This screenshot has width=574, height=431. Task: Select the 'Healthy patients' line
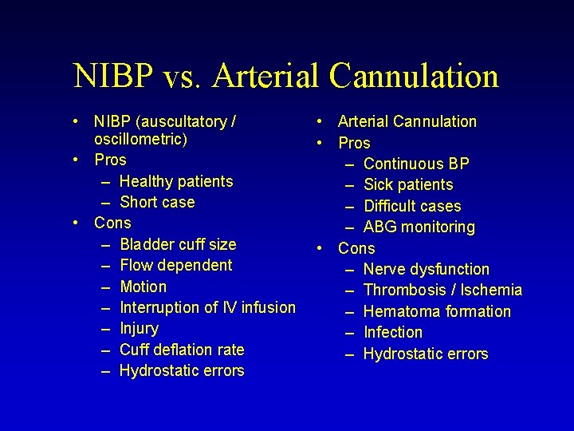176,181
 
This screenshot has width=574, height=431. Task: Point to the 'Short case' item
157,202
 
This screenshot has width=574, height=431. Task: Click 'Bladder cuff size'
178,244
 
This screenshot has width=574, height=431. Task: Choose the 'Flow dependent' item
176,265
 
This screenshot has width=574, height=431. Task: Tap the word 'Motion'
143,287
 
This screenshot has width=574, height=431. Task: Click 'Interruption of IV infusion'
207,307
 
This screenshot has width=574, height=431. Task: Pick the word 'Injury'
140,328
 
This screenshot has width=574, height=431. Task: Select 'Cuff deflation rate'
182,350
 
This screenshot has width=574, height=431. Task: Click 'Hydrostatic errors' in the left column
182,370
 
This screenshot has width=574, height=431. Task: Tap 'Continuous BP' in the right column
416,164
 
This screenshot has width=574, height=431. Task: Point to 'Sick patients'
408,184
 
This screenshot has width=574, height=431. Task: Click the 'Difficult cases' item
412,206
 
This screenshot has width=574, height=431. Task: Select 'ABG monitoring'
419,227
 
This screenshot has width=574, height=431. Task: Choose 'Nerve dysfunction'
427,269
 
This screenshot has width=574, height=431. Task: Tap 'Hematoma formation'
437,311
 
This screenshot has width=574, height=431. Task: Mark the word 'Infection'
393,332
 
